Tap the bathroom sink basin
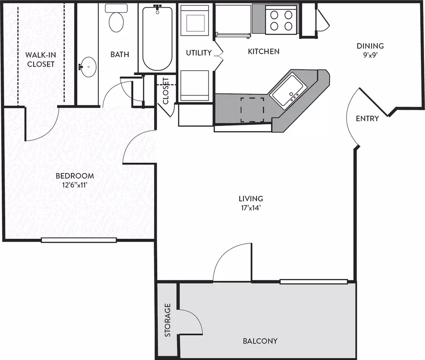(x=89, y=67)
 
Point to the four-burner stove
(x=281, y=20)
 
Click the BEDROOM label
(x=75, y=176)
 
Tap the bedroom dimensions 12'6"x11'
(x=74, y=185)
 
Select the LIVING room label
(x=251, y=199)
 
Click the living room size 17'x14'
(x=251, y=208)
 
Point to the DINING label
(x=370, y=46)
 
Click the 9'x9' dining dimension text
(x=370, y=55)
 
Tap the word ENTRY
(x=367, y=119)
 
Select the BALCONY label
(x=260, y=341)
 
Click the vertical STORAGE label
(x=167, y=320)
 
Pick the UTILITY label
(x=199, y=53)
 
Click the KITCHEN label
(x=263, y=51)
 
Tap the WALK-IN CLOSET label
(x=41, y=60)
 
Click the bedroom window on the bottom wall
(x=79, y=240)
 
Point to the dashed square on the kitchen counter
(x=252, y=110)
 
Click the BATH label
(x=120, y=54)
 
